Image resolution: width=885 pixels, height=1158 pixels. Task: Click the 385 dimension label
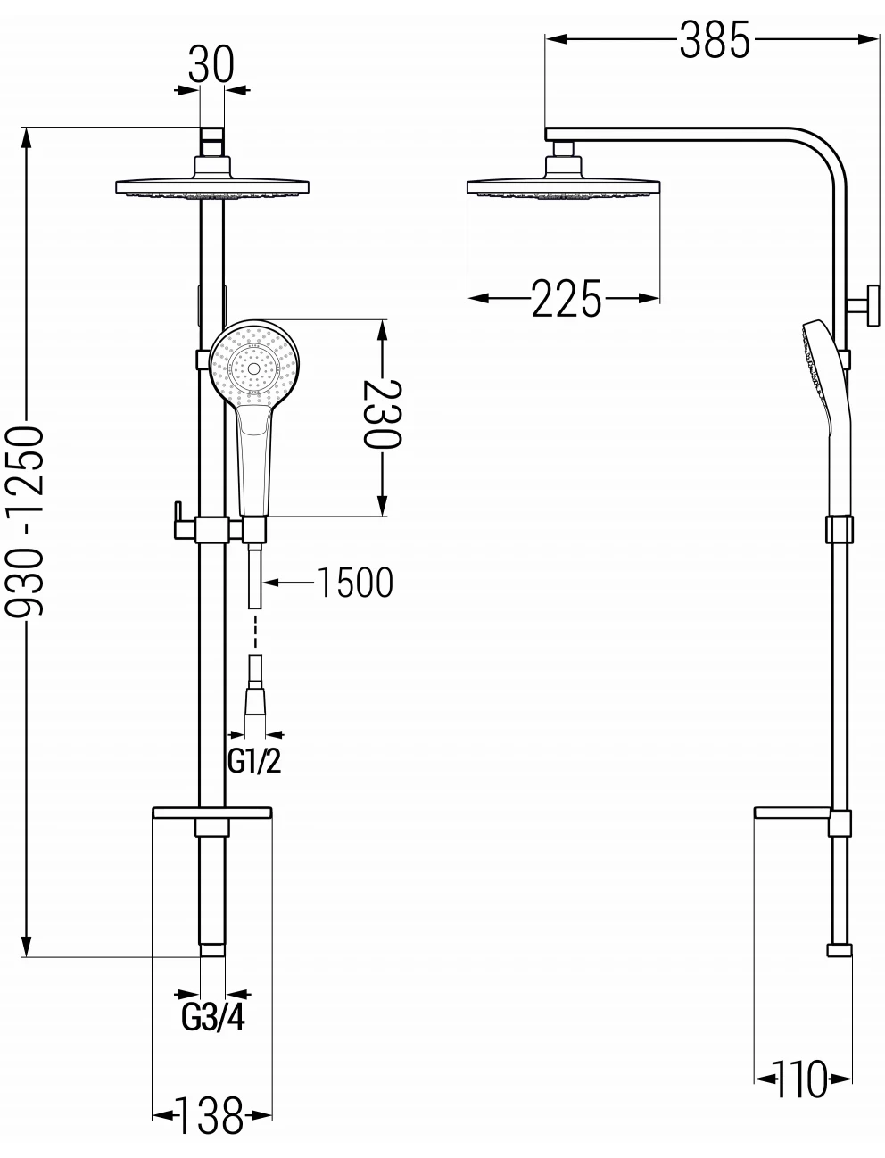714,39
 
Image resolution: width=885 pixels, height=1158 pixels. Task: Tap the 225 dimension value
567,299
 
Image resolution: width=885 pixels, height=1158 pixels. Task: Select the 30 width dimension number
211,64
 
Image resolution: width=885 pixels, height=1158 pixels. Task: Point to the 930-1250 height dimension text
24,521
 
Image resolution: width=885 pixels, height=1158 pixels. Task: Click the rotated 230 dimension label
383,414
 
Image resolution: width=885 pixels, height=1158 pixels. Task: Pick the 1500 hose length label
355,583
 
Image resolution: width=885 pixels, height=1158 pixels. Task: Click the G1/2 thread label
254,761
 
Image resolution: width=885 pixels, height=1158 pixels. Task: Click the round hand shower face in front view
254,365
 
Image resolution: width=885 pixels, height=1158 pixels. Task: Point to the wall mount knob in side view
865,306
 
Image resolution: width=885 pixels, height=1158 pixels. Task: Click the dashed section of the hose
255,632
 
